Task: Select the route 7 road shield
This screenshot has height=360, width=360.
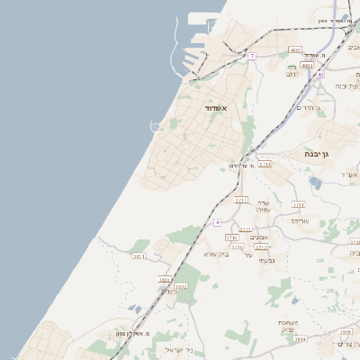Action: pos(253,56)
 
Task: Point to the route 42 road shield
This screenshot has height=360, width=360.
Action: pos(319,75)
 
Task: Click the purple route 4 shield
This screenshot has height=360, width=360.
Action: pos(217,220)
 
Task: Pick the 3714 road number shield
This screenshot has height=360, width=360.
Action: pos(264,165)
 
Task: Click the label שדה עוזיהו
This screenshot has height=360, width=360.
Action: pos(263,206)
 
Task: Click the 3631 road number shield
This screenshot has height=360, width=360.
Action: pos(166,279)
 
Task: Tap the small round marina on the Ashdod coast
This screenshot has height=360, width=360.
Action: pos(155,127)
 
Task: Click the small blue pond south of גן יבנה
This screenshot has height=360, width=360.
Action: pos(315,183)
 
